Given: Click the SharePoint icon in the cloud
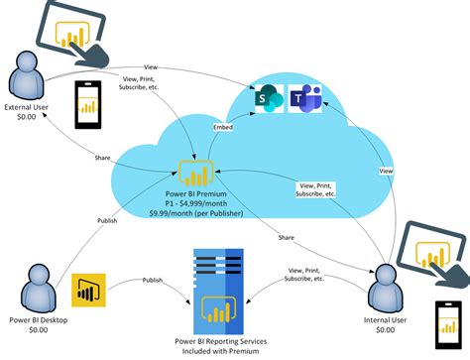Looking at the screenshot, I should (x=266, y=98).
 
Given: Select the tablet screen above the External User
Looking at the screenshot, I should (x=66, y=30).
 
